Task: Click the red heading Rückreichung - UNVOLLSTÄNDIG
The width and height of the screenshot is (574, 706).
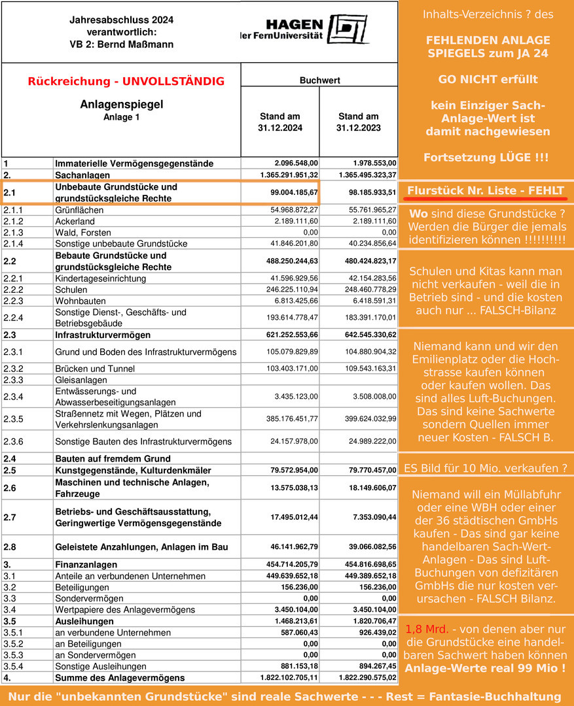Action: (126, 82)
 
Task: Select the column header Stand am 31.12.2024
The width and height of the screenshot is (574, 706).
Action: (280, 122)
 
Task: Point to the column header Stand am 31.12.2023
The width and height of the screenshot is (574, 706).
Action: (359, 122)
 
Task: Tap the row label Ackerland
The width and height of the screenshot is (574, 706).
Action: (75, 222)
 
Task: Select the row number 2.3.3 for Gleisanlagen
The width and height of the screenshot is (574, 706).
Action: (14, 379)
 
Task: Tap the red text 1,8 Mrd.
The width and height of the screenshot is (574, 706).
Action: (427, 630)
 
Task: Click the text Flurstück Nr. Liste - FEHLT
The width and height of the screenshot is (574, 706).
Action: (485, 191)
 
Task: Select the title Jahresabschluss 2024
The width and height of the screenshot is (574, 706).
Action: (122, 20)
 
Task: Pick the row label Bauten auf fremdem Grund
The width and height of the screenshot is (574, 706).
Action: (113, 459)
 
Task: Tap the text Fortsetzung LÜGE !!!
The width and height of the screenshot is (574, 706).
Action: (485, 158)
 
